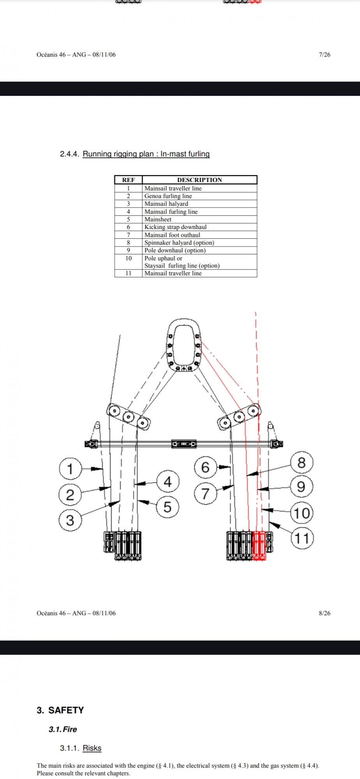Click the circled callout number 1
click(x=70, y=469)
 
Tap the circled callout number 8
click(x=301, y=463)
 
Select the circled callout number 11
click(x=302, y=538)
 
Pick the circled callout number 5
click(x=168, y=507)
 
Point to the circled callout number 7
click(x=205, y=493)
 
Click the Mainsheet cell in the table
click(x=158, y=219)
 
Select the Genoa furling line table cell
click(x=168, y=196)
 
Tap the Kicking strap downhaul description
click(x=175, y=227)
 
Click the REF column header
click(x=128, y=180)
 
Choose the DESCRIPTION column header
click(x=199, y=180)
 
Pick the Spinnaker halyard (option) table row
click(x=179, y=243)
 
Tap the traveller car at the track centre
click(x=184, y=444)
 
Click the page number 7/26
click(x=324, y=55)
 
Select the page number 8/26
click(x=324, y=613)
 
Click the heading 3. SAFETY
click(x=60, y=710)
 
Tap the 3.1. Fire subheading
click(x=63, y=729)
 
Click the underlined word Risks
click(x=92, y=748)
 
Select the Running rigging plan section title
click(x=146, y=154)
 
